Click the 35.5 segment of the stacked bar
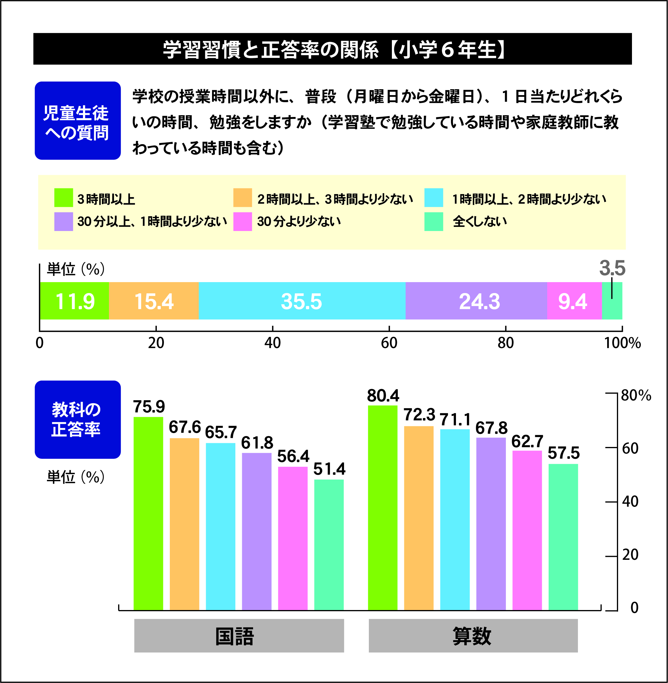[302, 301]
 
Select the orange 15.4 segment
[154, 301]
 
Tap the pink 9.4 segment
[574, 301]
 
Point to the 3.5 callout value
[612, 268]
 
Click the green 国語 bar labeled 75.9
[149, 513]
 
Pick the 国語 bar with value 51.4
[329, 544]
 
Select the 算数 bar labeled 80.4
[383, 507]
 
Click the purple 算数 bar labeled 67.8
[491, 523]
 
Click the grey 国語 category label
[239, 636]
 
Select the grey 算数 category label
[473, 636]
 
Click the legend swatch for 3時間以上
[63, 198]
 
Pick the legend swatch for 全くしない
[434, 222]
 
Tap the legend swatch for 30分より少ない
[242, 222]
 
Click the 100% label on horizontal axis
[622, 343]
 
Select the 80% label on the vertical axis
[636, 395]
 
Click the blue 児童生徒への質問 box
[78, 121]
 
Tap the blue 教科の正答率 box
[78, 419]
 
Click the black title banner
[332, 49]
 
